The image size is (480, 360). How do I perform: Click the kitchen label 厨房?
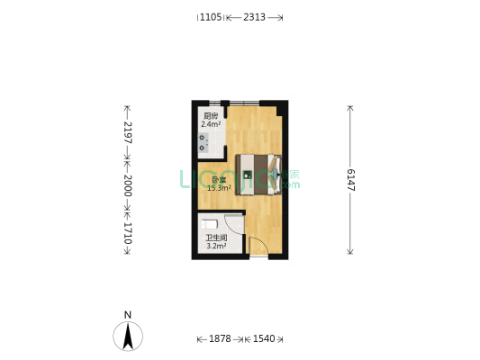(210, 116)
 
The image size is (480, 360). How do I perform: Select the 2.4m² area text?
(210, 124)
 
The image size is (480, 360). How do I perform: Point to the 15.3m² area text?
(219, 188)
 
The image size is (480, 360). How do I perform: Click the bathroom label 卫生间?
(216, 238)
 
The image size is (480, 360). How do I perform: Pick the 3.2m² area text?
(216, 246)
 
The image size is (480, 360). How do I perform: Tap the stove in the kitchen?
(204, 142)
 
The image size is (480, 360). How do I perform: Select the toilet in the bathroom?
(209, 225)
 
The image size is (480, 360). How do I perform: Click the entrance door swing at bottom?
(258, 246)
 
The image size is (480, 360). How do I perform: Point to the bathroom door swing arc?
(234, 225)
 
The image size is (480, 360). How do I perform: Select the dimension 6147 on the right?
(349, 179)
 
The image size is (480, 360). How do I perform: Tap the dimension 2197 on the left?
(127, 133)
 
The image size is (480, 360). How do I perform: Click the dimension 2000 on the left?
(127, 186)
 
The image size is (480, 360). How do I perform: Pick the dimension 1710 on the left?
(127, 234)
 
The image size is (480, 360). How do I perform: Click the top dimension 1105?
(210, 17)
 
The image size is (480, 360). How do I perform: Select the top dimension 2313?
(254, 17)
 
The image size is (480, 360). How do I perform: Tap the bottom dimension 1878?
(220, 339)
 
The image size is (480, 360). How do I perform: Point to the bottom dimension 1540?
(263, 339)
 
